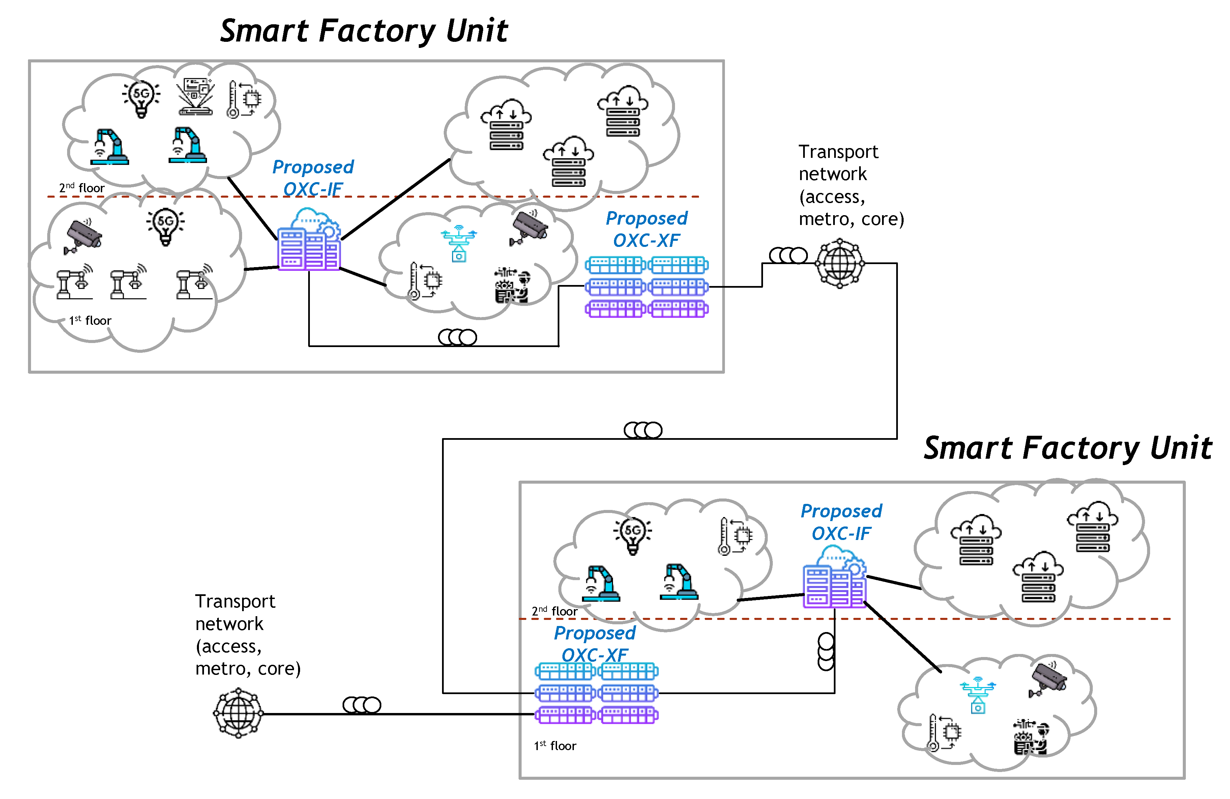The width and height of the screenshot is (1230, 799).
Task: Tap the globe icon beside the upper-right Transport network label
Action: coord(839,263)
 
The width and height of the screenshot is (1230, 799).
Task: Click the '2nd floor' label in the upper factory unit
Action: coord(82,188)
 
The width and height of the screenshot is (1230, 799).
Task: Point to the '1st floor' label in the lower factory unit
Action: coord(555,745)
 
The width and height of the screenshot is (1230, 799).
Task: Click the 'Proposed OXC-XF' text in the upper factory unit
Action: coord(646,229)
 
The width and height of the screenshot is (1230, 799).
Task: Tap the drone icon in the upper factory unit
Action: coord(459,243)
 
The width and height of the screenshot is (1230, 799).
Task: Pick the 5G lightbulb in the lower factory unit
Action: coord(633,534)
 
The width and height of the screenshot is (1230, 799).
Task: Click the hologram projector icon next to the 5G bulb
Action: coord(195,96)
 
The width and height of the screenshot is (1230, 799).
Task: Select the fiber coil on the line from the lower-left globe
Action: coord(362,705)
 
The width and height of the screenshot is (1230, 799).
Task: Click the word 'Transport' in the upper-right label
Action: coord(838,152)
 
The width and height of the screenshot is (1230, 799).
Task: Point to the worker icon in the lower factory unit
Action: coord(1030,737)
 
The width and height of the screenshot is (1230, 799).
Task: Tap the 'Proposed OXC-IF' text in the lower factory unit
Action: coord(841,522)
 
